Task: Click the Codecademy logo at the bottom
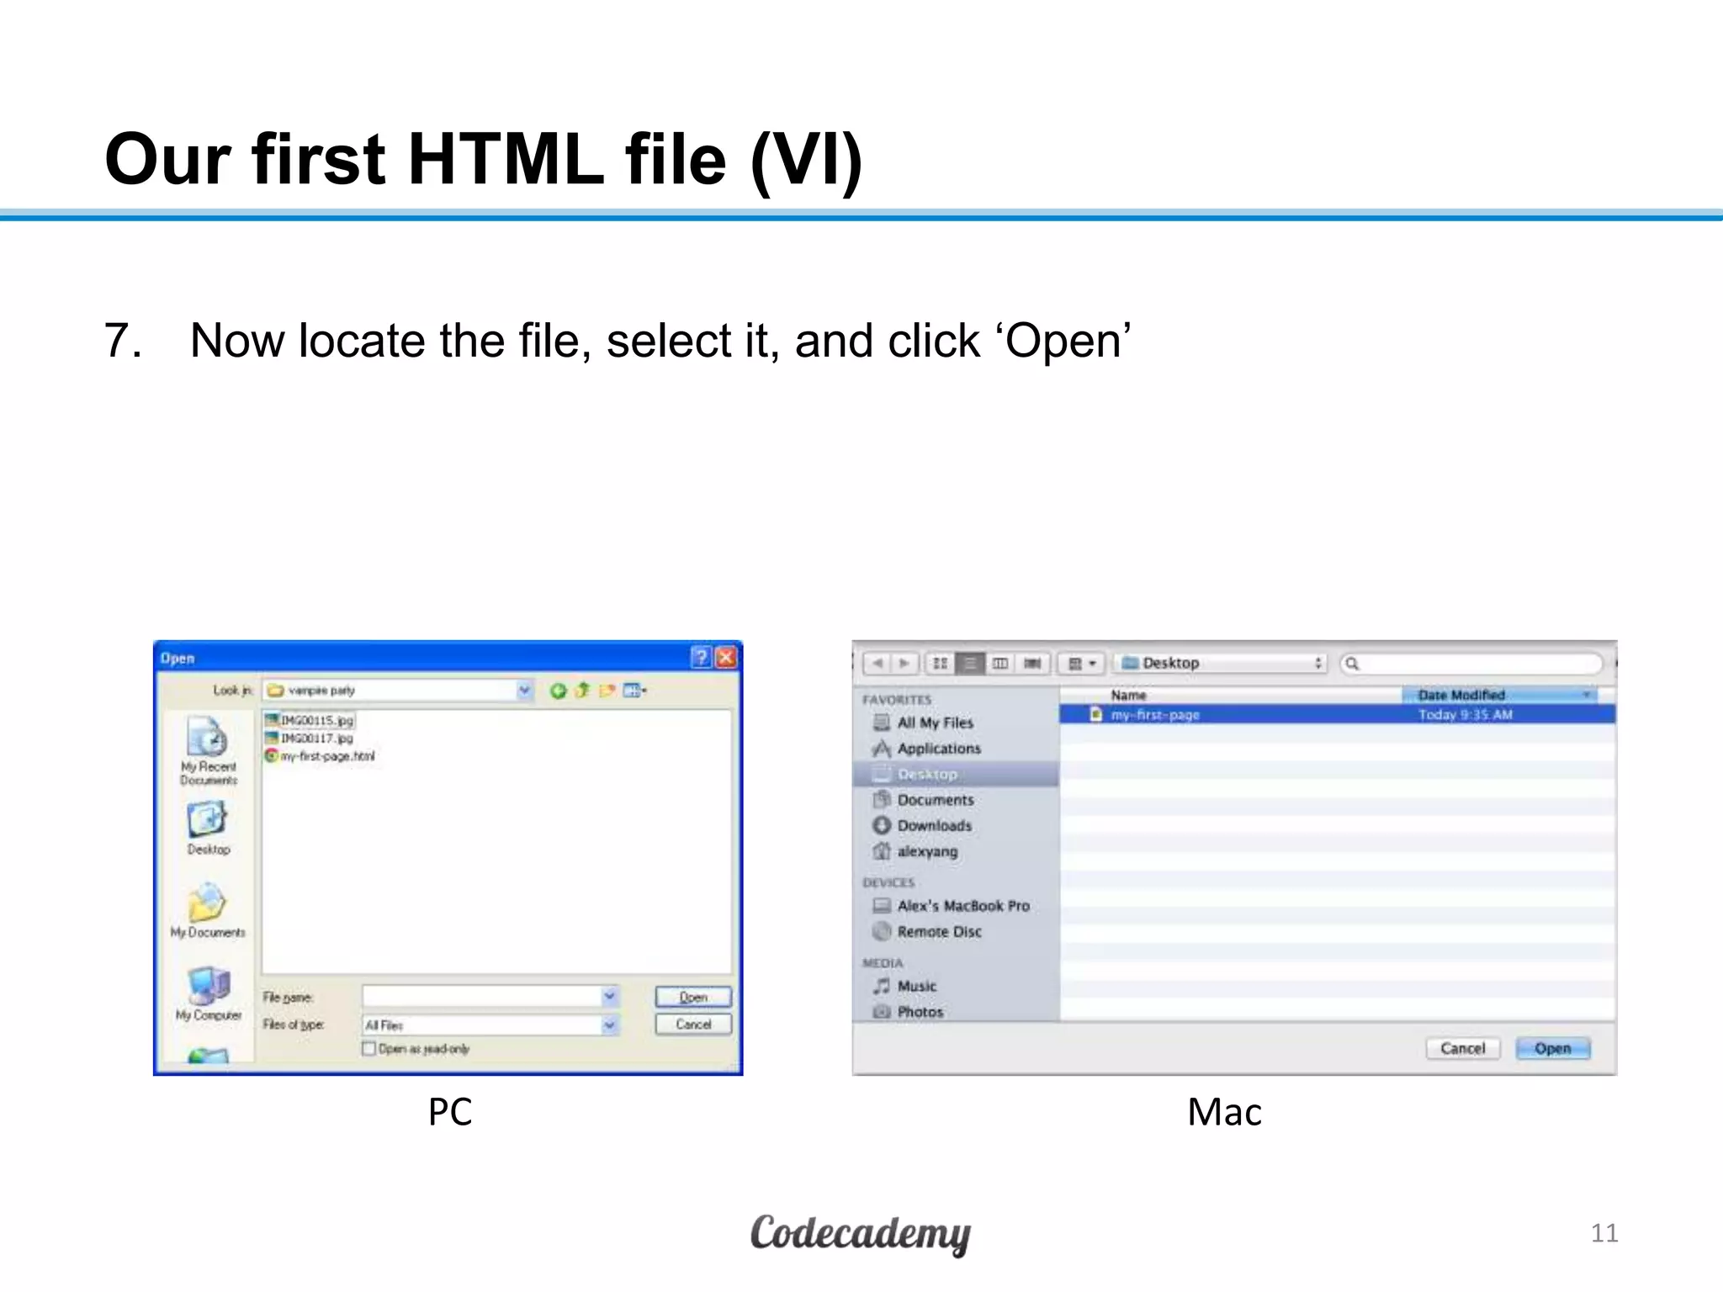point(860,1234)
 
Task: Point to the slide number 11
point(1604,1233)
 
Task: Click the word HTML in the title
point(506,159)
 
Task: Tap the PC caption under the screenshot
point(449,1112)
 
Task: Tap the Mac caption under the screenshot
point(1224,1112)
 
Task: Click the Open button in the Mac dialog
point(1552,1048)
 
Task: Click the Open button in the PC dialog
point(693,997)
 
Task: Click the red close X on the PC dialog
point(726,658)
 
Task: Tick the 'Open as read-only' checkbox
point(368,1048)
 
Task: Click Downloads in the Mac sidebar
point(934,826)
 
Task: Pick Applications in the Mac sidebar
point(938,749)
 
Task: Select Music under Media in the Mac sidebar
point(916,986)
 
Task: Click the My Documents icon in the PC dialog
point(207,905)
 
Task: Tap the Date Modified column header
point(1461,695)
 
